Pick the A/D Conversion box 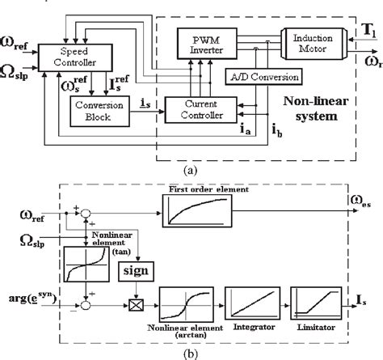point(260,77)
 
